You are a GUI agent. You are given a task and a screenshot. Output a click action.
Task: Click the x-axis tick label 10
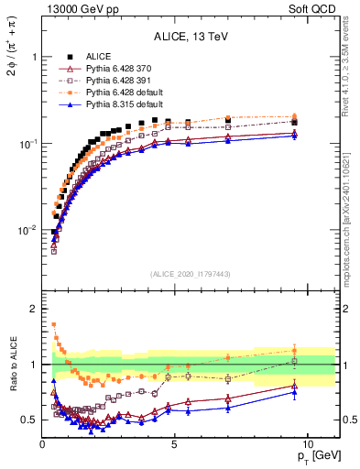307,444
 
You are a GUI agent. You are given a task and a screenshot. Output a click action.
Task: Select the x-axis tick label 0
43,444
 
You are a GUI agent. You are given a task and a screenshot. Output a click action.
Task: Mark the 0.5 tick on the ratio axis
30,420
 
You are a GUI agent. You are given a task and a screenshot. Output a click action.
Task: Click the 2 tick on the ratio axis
33,309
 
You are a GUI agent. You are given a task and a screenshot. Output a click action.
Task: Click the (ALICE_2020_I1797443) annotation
190,274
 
